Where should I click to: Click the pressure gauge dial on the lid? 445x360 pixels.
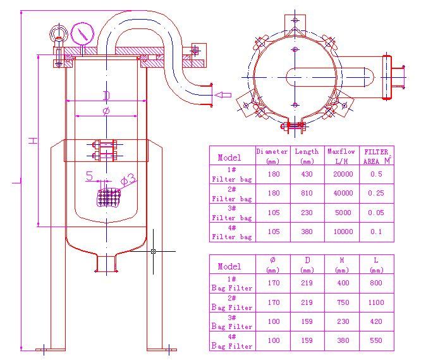80,32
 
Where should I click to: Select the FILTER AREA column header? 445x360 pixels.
377,156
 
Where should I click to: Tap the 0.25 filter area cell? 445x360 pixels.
376,194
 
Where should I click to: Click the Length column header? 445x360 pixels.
307,156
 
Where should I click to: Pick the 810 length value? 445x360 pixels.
307,194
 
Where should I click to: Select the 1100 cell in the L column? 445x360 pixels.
377,303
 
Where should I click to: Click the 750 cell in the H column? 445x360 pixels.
343,303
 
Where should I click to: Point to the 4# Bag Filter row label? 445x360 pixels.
231,342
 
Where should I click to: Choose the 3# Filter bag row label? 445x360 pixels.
231,213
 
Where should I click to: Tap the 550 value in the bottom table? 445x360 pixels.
377,342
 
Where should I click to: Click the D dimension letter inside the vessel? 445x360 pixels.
107,96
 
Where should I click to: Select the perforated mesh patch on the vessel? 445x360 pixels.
109,197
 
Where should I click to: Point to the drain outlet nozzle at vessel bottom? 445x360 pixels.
106,263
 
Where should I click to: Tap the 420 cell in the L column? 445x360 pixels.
377,322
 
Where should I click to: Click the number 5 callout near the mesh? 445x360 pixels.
89,176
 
